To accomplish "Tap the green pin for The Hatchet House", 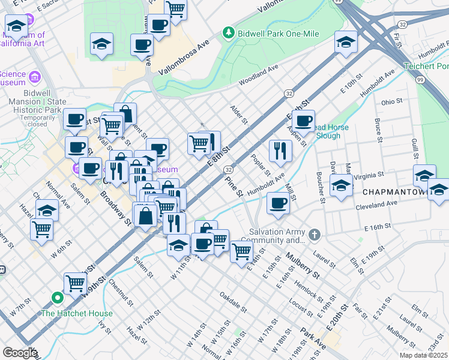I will pos(58,298).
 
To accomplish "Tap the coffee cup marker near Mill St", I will pos(278,203).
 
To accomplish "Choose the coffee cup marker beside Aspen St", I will pos(304,121).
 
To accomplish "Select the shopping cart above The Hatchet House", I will pos(75,282).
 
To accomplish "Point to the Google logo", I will pos(19,352).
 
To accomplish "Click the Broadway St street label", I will pos(116,208).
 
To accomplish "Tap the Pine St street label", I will pos(234,187).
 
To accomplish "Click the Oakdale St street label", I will pos(233,302).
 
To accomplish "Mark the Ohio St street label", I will pos(393,101).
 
